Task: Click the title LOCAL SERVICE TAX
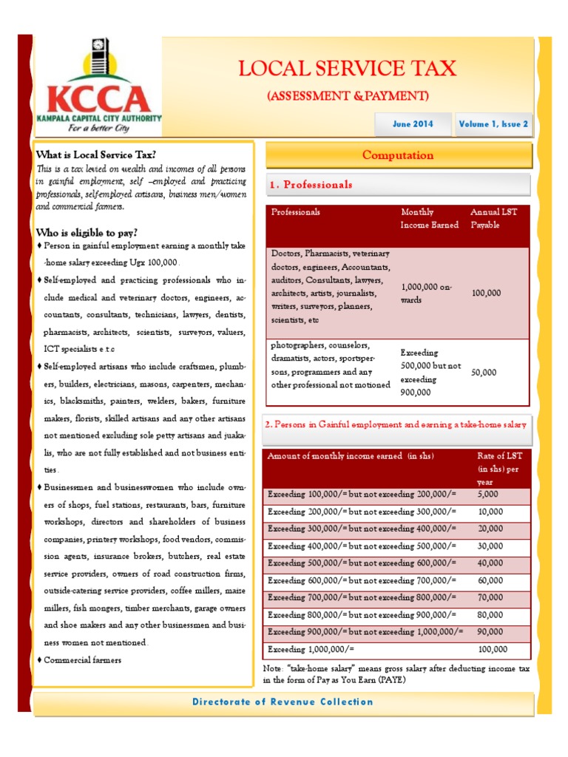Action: click(x=347, y=69)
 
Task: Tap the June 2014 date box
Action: click(x=413, y=124)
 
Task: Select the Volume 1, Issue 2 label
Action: click(x=493, y=124)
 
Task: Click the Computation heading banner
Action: click(x=398, y=155)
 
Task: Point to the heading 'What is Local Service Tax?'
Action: click(x=96, y=155)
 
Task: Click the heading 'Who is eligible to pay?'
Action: click(x=87, y=233)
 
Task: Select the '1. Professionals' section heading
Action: click(x=311, y=185)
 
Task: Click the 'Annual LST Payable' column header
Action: click(x=494, y=218)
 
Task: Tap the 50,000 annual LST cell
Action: click(x=484, y=373)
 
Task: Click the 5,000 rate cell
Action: click(x=488, y=493)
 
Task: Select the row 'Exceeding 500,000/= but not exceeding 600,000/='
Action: click(x=362, y=563)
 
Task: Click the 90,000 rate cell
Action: click(x=490, y=632)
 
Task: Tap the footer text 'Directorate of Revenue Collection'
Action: click(x=283, y=702)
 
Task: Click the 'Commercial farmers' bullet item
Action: click(x=82, y=660)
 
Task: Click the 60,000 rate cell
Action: click(x=490, y=580)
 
